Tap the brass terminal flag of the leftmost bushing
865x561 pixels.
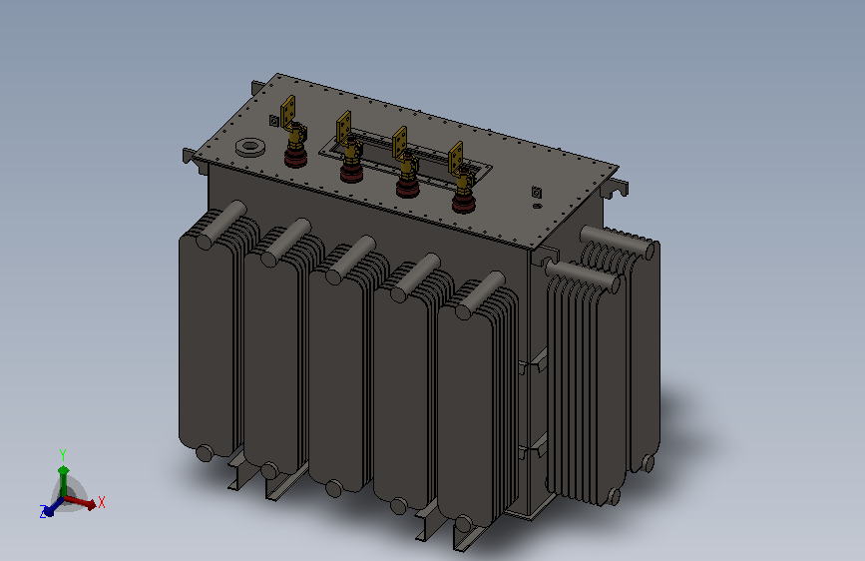(288, 111)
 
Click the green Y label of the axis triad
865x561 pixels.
(63, 455)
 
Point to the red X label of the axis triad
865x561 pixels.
(102, 502)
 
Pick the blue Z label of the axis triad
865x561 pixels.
(43, 511)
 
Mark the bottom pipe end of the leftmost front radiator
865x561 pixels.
(205, 453)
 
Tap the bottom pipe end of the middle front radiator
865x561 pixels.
(334, 489)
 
